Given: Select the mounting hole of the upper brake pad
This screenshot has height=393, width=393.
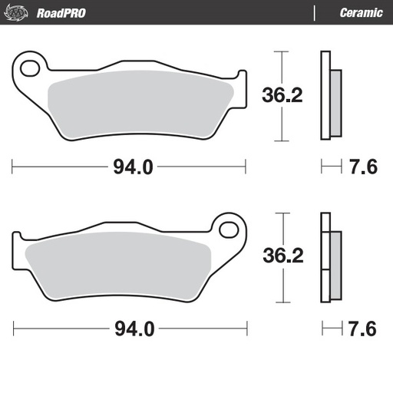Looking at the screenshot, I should point(31,68).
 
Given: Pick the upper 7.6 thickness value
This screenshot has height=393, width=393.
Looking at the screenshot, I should point(363,167).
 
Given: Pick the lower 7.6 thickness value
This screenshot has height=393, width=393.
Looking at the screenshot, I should point(363,329).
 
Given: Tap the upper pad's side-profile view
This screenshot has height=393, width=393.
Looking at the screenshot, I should point(329,96).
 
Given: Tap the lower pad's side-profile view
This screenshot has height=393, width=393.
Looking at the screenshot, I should point(329,257).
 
